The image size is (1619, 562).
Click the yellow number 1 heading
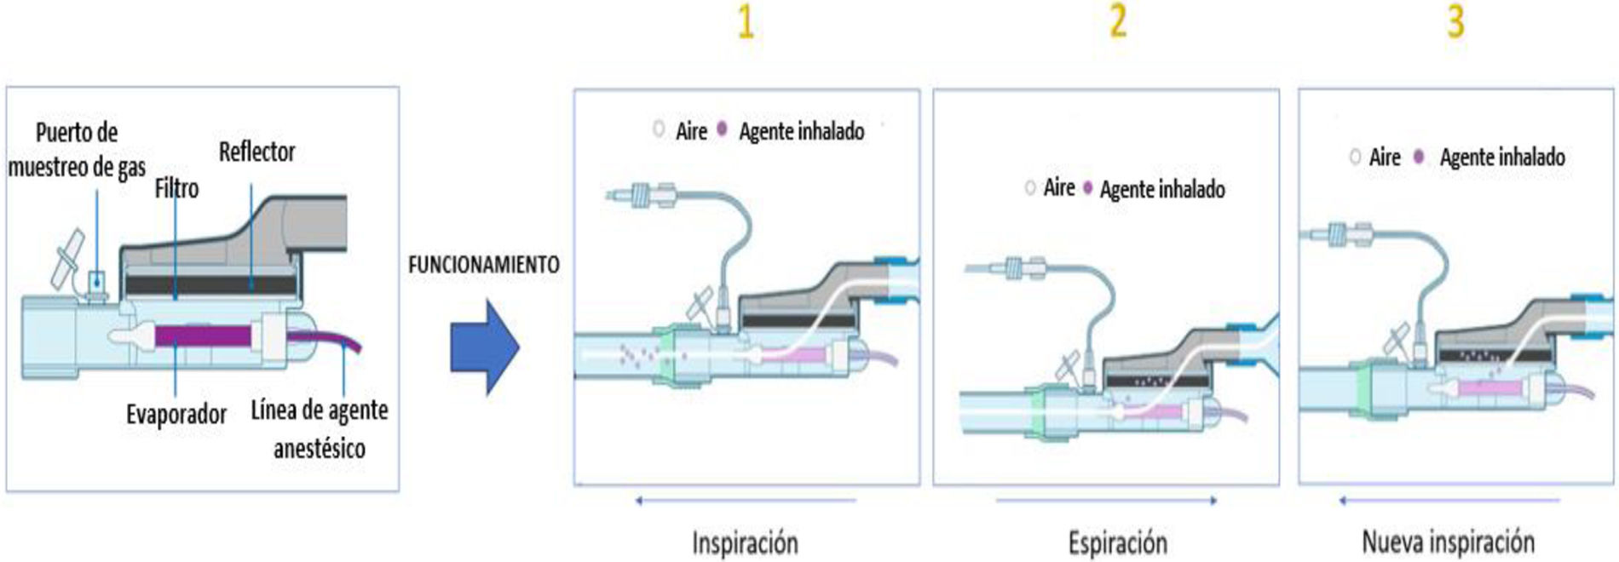746,22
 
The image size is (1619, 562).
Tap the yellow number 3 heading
1455,21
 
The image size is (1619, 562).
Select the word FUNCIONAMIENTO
483,265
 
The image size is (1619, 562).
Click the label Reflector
256,152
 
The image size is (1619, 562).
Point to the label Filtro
176,188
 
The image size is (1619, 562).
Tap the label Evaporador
176,415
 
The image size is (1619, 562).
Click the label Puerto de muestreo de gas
77,150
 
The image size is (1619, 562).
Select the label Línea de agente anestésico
320,428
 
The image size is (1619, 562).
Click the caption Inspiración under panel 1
745,542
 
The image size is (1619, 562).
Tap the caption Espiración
1117,542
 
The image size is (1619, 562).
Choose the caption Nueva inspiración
1448,542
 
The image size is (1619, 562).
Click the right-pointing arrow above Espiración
1107,501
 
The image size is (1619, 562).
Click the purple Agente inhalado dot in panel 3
1419,157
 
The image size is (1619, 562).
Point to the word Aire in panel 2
1059,187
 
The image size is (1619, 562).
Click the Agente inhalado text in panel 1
801,131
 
